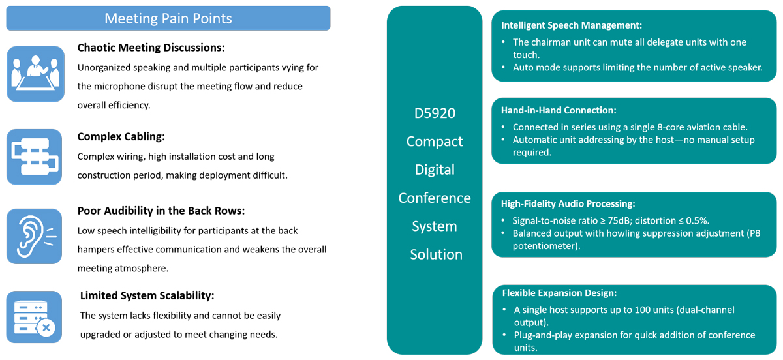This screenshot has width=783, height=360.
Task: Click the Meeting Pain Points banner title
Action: tap(168, 18)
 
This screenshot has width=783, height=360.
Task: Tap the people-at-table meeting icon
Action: tap(35, 74)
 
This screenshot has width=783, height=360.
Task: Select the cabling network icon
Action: tap(34, 157)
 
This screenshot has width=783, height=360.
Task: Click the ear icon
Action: tap(34, 236)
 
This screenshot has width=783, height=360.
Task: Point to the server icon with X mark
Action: tap(34, 317)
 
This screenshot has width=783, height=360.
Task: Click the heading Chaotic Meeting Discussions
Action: tap(151, 48)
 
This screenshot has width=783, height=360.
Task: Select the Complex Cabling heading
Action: tap(121, 137)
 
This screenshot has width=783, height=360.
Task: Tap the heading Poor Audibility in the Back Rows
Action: tap(161, 211)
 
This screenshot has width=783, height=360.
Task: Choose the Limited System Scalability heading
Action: tap(147, 295)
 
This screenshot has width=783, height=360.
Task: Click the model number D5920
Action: tap(435, 113)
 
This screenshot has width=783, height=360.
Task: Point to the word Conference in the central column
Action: tap(435, 198)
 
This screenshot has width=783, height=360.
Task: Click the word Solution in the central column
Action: tap(437, 255)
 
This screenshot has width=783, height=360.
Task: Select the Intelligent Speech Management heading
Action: tap(572, 25)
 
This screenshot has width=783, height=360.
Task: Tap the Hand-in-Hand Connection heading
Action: tap(559, 110)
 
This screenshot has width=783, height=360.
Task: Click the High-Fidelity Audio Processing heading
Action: tap(568, 203)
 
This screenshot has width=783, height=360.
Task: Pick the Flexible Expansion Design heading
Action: tap(559, 293)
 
